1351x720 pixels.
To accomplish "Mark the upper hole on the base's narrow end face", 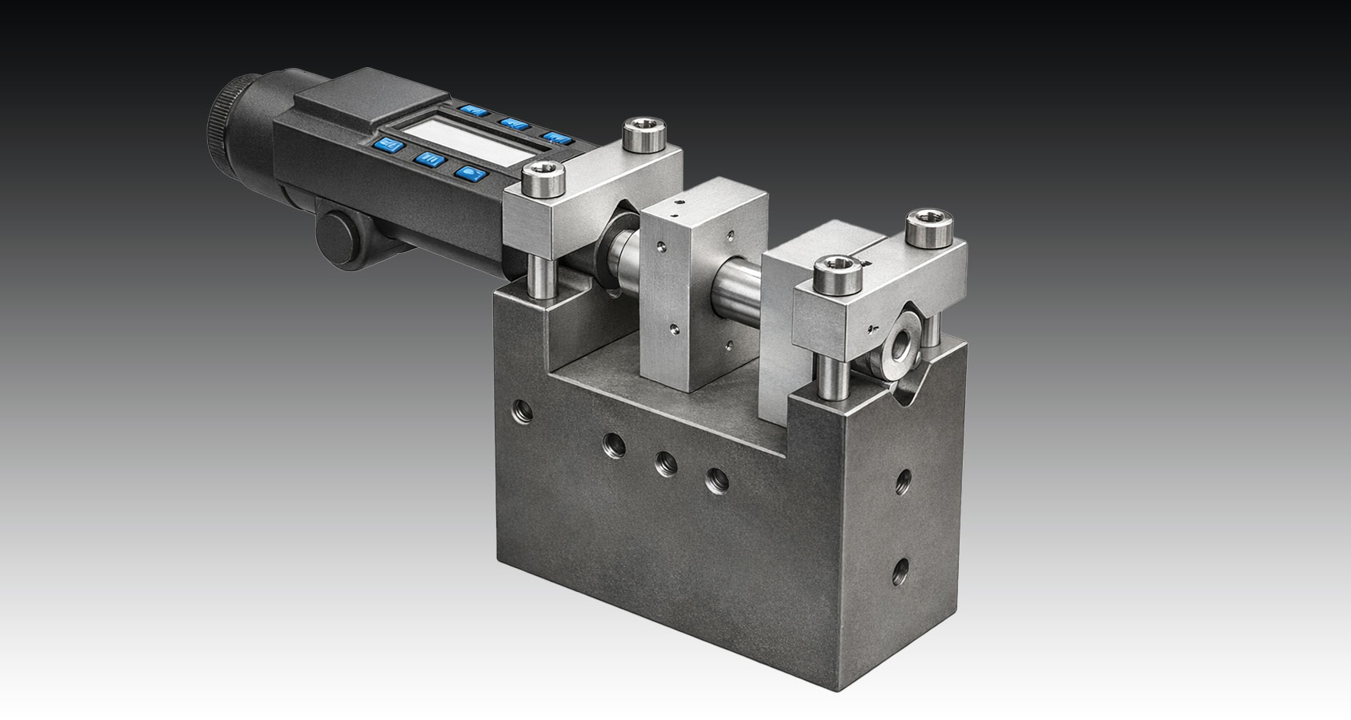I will (903, 482).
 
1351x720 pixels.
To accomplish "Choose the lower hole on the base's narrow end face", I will (902, 569).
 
